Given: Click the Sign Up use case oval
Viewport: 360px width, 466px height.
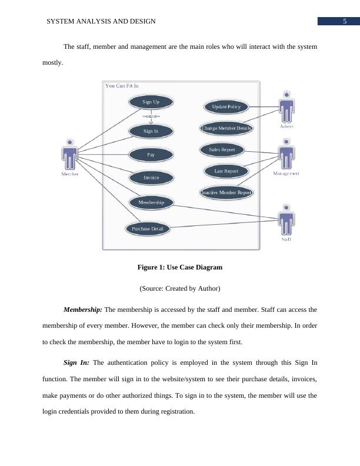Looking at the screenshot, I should (x=151, y=102).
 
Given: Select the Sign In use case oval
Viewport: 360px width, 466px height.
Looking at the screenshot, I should (x=151, y=131).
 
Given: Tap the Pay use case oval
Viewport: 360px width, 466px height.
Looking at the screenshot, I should (x=151, y=155).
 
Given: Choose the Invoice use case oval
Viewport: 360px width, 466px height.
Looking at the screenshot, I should (x=151, y=177).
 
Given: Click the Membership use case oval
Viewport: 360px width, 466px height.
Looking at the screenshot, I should (x=151, y=202).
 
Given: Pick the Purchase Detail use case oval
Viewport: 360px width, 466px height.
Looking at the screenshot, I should (x=147, y=228).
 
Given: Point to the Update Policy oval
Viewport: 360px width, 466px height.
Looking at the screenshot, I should (x=226, y=106).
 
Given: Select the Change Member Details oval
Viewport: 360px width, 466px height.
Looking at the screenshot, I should (x=226, y=128).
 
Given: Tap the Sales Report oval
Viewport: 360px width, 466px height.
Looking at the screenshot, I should (x=222, y=149).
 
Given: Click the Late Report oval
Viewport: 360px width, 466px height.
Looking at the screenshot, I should (x=226, y=171).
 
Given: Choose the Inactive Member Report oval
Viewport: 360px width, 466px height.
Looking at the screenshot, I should (x=226, y=192).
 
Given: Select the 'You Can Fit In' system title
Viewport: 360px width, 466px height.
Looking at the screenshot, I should (x=122, y=86).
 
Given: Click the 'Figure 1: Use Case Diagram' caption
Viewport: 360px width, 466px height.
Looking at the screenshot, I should (x=179, y=267).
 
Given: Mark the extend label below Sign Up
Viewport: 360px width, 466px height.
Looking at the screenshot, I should (x=151, y=116).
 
